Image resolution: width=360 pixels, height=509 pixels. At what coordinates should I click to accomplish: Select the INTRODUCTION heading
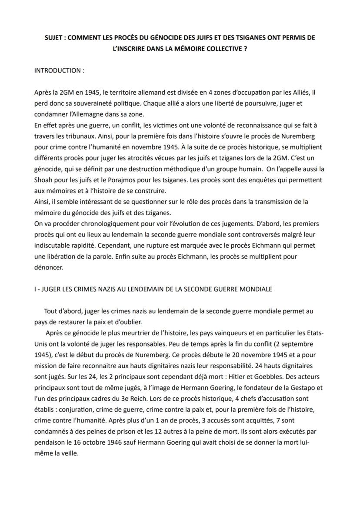tap(59, 70)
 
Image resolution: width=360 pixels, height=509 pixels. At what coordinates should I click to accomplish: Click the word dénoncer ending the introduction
tap(49, 268)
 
